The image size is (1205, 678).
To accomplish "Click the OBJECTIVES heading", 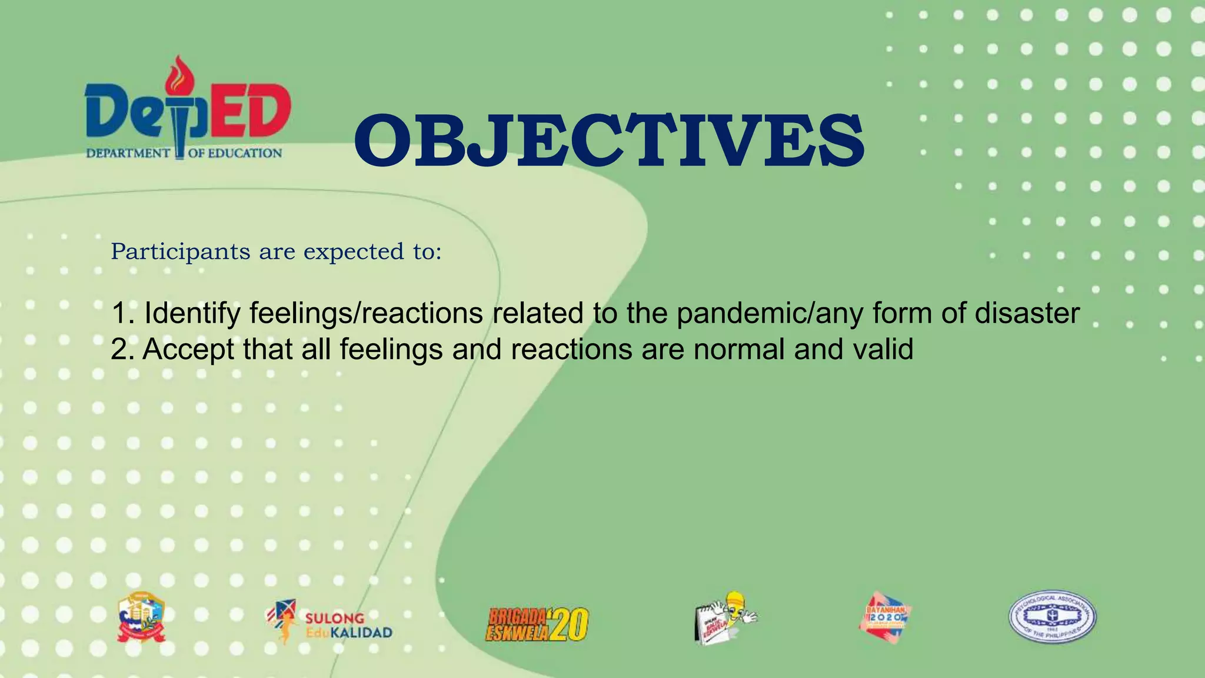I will coord(609,141).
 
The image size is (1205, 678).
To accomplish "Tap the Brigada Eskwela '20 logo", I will coord(537,624).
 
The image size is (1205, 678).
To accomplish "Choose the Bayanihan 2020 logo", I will coord(884,617).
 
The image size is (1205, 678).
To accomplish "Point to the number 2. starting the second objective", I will coord(122,350).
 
